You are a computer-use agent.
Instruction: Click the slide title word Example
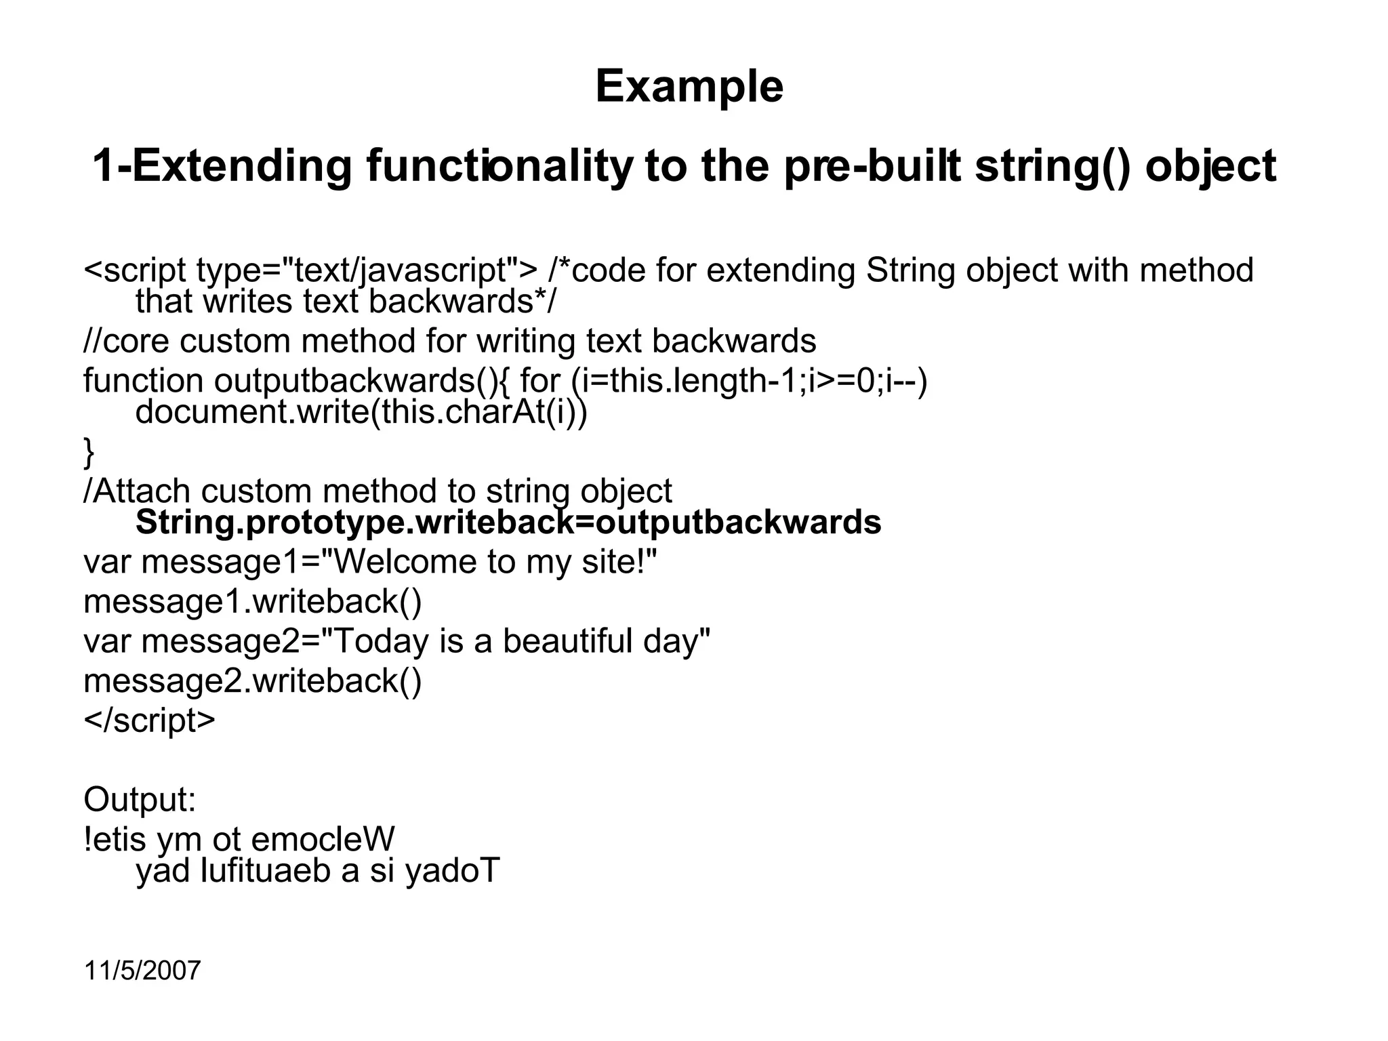689,87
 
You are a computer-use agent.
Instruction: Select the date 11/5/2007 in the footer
142,971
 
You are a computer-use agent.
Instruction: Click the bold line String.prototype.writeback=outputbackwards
508,523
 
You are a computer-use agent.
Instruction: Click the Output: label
140,800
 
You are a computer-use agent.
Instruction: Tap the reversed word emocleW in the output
323,840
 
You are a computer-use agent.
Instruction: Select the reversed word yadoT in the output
452,871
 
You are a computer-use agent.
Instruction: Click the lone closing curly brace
89,452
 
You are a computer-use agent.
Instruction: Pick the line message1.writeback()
252,601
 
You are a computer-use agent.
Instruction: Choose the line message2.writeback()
252,680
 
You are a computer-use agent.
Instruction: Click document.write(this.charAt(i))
361,412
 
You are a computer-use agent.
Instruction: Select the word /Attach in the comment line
136,491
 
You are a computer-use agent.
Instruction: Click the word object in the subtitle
1210,166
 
